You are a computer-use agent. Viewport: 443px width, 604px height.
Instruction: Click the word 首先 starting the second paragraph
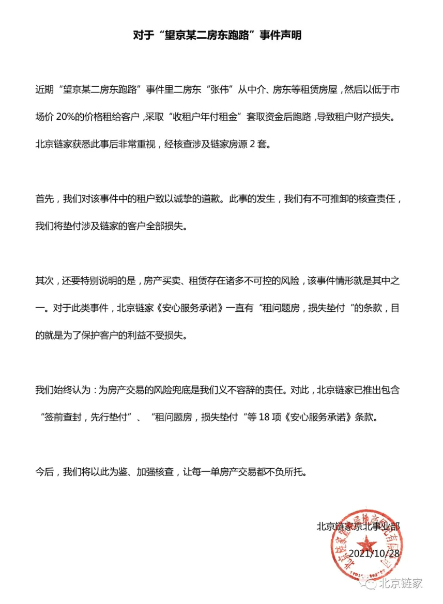click(44, 199)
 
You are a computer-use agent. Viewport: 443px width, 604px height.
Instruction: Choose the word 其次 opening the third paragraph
click(44, 280)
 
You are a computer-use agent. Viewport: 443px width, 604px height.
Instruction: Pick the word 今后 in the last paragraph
click(44, 471)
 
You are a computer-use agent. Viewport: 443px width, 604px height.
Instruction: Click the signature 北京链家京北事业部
click(358, 526)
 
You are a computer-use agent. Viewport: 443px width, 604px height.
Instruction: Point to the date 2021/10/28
click(375, 553)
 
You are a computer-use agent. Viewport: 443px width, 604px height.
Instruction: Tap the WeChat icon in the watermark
click(369, 583)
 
